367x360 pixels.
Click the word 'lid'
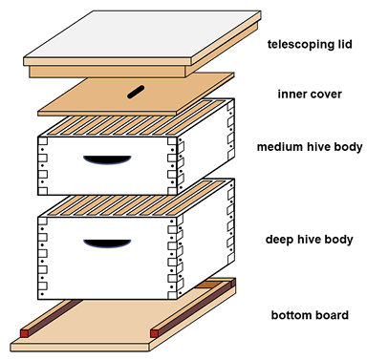pyautogui.click(x=343, y=44)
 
